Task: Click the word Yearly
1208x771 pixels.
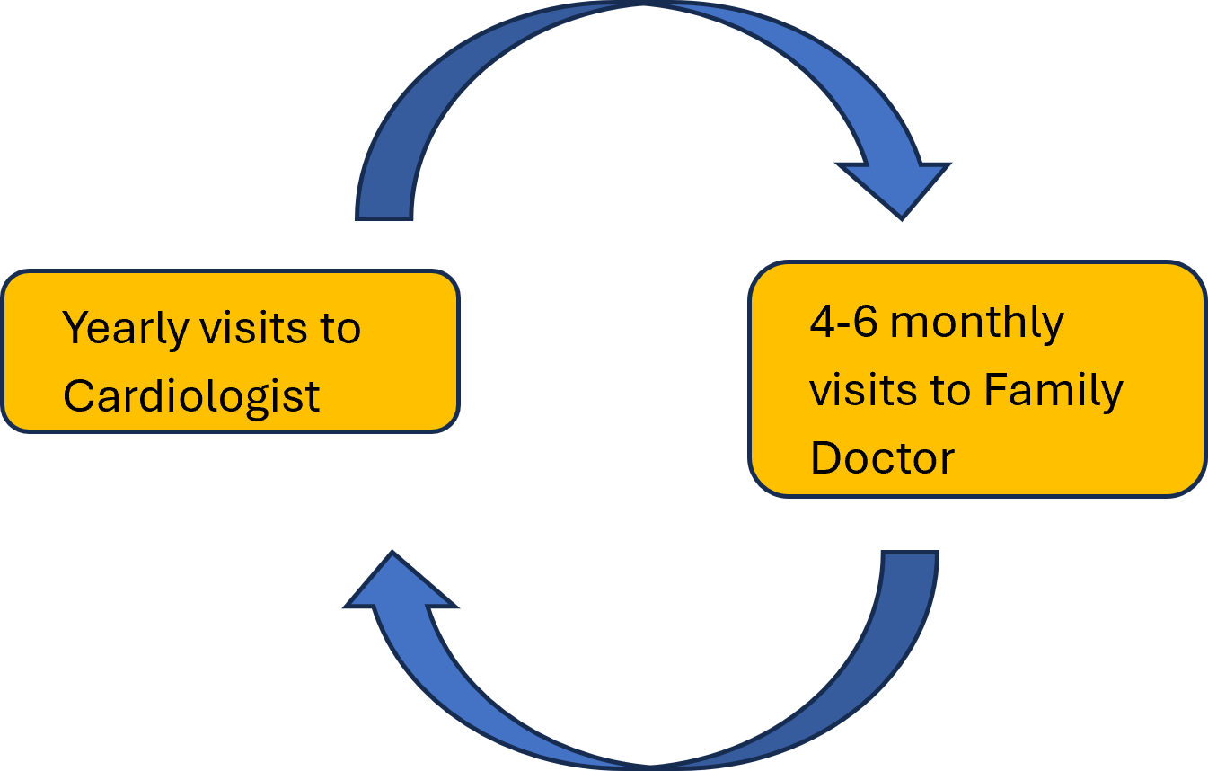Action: (125, 330)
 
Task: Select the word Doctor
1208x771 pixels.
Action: (882, 458)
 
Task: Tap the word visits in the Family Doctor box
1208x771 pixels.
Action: (854, 390)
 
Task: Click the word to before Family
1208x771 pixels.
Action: (942, 391)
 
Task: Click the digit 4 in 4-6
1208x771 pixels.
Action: (822, 322)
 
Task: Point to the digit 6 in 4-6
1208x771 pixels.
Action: (864, 322)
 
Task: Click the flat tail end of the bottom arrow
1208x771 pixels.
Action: (910, 555)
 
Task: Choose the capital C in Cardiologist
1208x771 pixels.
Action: (78, 396)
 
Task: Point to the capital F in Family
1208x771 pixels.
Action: (995, 390)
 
